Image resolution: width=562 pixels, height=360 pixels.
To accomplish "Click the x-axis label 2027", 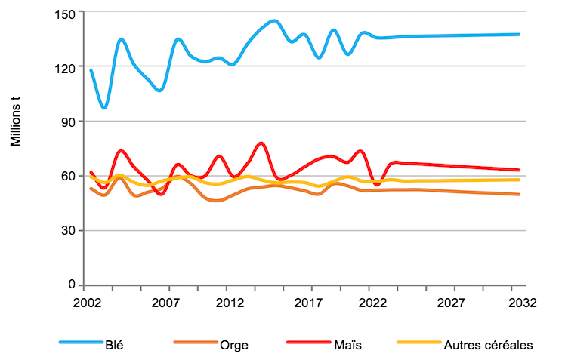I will [x=451, y=303].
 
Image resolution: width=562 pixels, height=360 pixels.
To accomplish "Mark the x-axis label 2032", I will [x=522, y=303].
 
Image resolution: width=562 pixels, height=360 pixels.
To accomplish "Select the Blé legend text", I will [x=116, y=346].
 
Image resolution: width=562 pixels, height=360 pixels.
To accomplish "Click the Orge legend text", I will [x=234, y=346].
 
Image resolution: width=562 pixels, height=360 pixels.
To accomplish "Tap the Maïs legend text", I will [x=347, y=346].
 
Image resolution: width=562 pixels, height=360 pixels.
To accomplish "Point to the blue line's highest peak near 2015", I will [x=273, y=20].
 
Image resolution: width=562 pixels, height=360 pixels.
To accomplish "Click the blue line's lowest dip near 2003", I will [x=104, y=108].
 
